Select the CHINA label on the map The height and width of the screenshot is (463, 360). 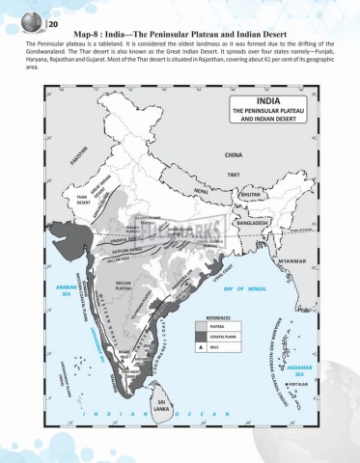(x=234, y=153)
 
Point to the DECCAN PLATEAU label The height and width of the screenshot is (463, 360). (x=128, y=286)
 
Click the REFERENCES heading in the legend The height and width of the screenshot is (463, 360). (x=217, y=316)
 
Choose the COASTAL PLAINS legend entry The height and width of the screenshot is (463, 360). (x=224, y=335)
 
